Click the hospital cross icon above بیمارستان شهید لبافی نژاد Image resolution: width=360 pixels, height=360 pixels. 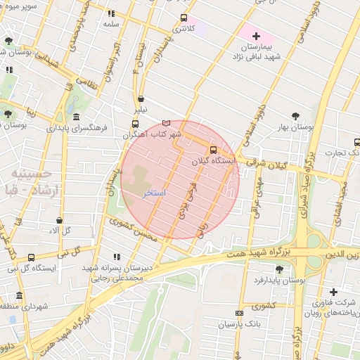pyautogui.click(x=256, y=36)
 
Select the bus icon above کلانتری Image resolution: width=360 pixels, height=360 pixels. pyautogui.click(x=184, y=18)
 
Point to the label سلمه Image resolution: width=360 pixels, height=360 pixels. pyautogui.click(x=111, y=24)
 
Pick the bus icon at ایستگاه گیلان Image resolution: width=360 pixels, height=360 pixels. pyautogui.click(x=213, y=149)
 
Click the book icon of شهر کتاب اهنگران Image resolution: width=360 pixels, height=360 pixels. pyautogui.click(x=166, y=123)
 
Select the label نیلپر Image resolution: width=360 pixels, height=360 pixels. pyautogui.click(x=141, y=110)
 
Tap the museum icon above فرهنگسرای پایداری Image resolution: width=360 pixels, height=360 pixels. pyautogui.click(x=75, y=117)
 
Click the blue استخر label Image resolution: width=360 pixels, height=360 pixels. pyautogui.click(x=154, y=192)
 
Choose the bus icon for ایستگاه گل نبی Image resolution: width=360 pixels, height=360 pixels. pyautogui.click(x=31, y=258)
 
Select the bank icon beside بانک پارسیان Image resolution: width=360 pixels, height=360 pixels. pyautogui.click(x=239, y=314)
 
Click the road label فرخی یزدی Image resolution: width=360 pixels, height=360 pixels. pyautogui.click(x=187, y=201)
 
